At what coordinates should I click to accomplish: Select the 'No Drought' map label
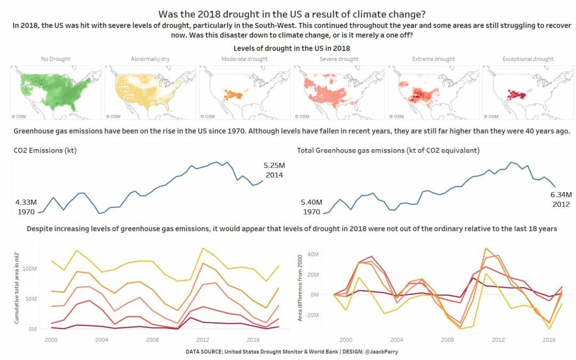pyautogui.click(x=55, y=59)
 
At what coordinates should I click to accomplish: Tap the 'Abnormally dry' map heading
pyautogui.click(x=150, y=59)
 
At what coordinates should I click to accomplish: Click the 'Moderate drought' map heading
pyautogui.click(x=244, y=59)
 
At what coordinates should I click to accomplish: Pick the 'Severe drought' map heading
pyautogui.click(x=339, y=59)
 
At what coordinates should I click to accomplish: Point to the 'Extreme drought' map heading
pyautogui.click(x=433, y=59)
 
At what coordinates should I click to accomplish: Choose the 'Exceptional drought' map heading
pyautogui.click(x=527, y=59)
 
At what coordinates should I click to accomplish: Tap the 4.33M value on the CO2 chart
pyautogui.click(x=26, y=203)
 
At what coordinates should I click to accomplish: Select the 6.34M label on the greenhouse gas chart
pyautogui.click(x=561, y=195)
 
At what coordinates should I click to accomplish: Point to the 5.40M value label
pyautogui.click(x=312, y=203)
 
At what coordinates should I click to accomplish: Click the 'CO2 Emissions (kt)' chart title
pyautogui.click(x=45, y=151)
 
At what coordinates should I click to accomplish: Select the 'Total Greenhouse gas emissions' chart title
pyautogui.click(x=388, y=151)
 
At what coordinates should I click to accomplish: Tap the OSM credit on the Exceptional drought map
pyautogui.click(x=492, y=116)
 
